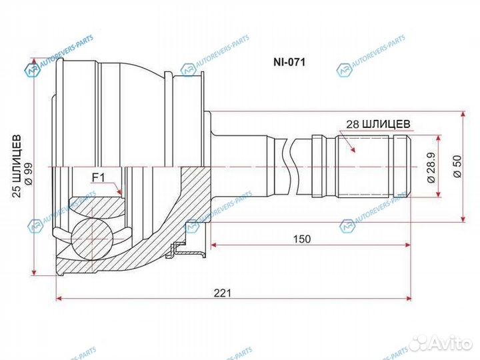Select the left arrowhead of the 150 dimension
coord(213,246)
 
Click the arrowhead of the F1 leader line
coord(120,194)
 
